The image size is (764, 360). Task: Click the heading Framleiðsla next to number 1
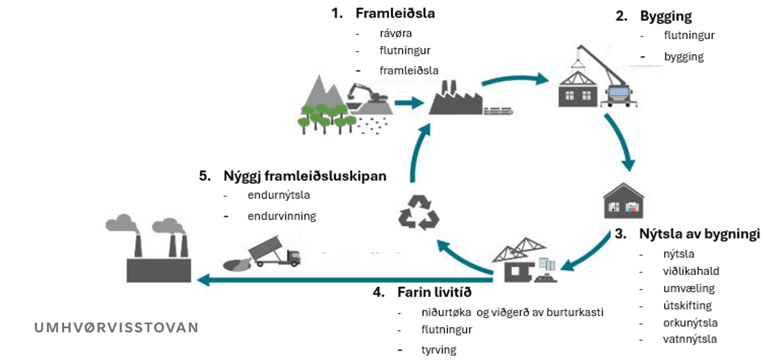point(395,14)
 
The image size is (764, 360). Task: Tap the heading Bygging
point(665,16)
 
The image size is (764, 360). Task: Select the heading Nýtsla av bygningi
point(699,234)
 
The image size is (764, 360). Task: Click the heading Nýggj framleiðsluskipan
point(305,176)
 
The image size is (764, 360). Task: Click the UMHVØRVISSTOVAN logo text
point(116,328)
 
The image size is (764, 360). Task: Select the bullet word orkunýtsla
point(680,322)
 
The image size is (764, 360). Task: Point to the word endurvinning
point(282,216)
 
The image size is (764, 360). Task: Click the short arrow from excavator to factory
point(405,103)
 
